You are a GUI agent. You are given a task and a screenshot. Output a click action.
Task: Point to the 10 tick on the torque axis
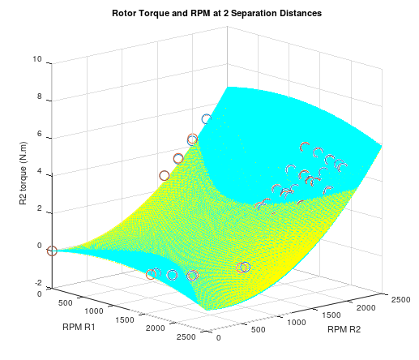tap(37, 60)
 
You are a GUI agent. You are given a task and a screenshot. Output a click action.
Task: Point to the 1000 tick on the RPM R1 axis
tap(95, 311)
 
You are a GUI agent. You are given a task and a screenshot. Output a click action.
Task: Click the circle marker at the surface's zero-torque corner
tap(52, 251)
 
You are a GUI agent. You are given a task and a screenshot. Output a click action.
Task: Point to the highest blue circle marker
tap(207, 119)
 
